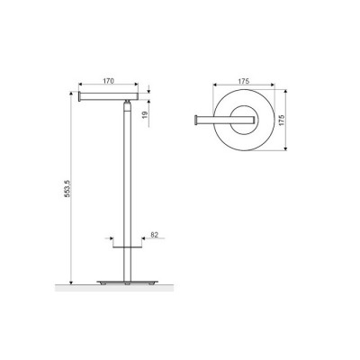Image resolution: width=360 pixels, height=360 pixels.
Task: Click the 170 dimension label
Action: tap(108, 81)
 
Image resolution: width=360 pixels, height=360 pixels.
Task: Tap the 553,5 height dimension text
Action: tap(67, 188)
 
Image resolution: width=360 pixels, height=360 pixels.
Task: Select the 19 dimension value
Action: tap(144, 114)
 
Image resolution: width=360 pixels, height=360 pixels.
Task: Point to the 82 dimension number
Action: tap(154, 235)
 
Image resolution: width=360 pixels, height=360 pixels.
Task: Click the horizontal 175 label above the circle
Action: tap(244, 81)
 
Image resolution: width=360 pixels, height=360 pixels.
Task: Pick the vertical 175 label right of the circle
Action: tap(281, 120)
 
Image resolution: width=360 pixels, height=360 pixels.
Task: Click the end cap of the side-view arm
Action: tap(80, 96)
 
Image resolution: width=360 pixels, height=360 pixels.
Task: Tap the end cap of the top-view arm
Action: tap(196, 120)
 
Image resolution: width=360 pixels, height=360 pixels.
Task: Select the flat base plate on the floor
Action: tap(128, 282)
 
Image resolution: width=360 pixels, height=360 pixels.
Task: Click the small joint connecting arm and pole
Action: tap(128, 102)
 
